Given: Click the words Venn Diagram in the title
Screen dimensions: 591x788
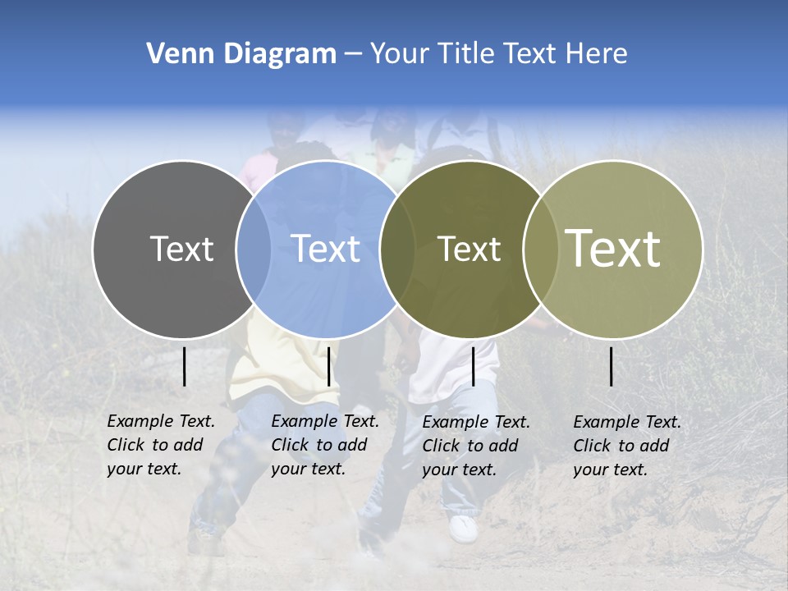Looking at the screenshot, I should (241, 54).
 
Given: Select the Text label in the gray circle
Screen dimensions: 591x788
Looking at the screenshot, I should (181, 249).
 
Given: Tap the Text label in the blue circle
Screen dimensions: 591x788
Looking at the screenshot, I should (326, 249).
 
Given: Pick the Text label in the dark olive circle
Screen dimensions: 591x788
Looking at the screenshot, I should (469, 249).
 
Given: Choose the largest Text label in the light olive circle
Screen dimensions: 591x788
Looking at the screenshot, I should (613, 248).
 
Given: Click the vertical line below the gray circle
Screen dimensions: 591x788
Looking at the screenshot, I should (184, 366).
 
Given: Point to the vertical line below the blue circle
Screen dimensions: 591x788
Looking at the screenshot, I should (328, 366).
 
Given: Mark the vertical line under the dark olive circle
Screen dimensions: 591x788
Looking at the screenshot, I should (473, 366).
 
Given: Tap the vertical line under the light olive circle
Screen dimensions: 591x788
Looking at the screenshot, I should (611, 366).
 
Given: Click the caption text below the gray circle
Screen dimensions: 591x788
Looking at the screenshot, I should (160, 445).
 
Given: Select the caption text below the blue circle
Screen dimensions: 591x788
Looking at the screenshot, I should (324, 445).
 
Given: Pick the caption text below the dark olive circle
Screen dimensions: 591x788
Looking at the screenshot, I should (475, 446).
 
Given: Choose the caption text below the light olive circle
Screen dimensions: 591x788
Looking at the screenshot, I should (626, 446).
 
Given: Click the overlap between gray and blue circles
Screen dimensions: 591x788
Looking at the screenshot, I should (254, 250).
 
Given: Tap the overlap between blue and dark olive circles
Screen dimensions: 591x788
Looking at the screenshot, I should (398, 250).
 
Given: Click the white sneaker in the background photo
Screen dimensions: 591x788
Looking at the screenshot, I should (464, 528).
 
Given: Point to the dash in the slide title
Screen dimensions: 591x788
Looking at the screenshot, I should (353, 54).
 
